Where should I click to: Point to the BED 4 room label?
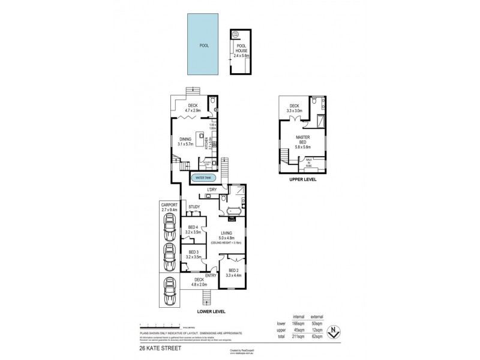click(x=193, y=229)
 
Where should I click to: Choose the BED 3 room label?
click(x=193, y=254)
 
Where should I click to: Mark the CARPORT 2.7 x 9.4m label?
click(x=170, y=207)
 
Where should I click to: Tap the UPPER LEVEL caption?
click(x=302, y=179)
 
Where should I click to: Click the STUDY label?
click(x=194, y=208)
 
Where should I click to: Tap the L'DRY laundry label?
click(x=211, y=190)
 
